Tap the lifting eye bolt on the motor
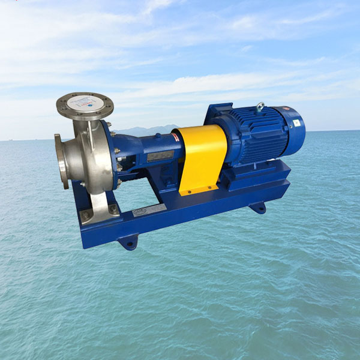(259, 107)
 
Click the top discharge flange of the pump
(85, 105)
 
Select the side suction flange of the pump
(61, 161)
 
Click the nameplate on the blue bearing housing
(160, 156)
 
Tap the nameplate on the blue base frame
(151, 209)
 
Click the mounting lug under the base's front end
(128, 242)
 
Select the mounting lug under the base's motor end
(258, 208)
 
